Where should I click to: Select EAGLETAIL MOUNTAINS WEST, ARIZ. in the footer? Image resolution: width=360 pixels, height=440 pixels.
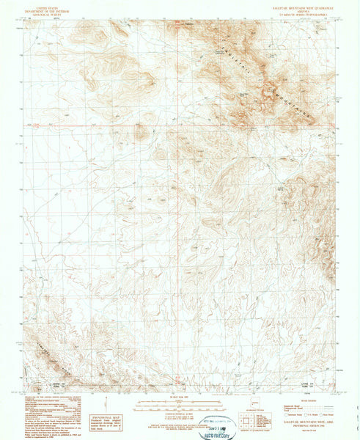point(302,422)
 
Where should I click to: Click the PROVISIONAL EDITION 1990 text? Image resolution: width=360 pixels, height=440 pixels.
point(302,426)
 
